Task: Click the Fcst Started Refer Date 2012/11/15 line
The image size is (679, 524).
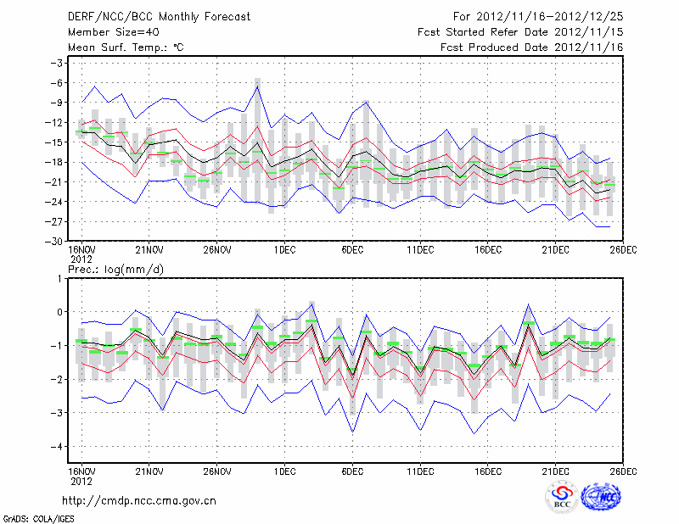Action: tap(520, 31)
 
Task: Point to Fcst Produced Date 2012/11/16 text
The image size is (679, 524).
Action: tap(531, 47)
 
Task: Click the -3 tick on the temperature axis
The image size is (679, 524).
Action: tap(59, 64)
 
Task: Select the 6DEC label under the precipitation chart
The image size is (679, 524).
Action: tap(352, 470)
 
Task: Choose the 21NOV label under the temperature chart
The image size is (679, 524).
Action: tap(149, 249)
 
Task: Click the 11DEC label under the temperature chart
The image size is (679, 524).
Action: tap(420, 249)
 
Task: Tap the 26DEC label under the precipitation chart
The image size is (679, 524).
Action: tap(623, 470)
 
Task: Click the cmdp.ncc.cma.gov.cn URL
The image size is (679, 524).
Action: tap(140, 499)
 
